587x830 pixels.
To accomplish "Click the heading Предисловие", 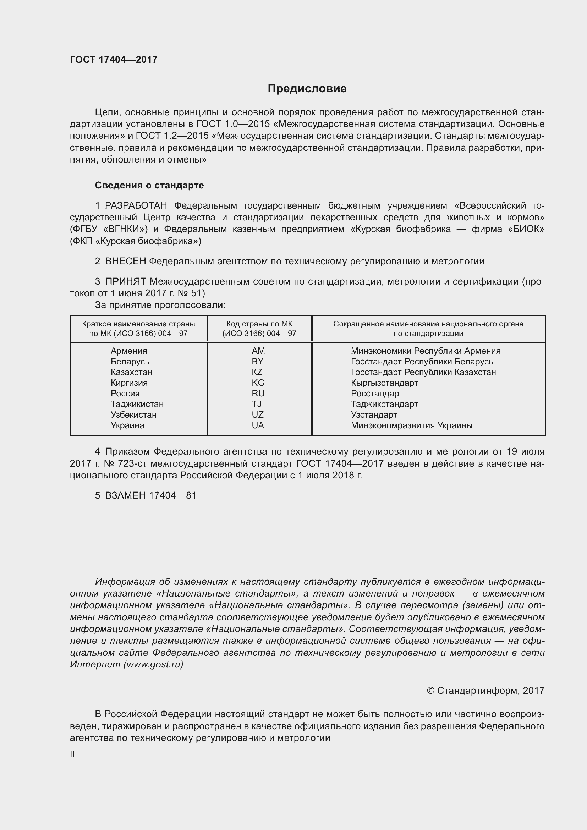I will pyautogui.click(x=307, y=89).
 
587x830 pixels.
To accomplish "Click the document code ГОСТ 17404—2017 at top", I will pyautogui.click(x=114, y=60).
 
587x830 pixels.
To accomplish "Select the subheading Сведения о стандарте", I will pyautogui.click(x=149, y=186).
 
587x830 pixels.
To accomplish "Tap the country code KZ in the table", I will pyautogui.click(x=257, y=372).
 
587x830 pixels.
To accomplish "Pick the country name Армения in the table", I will pyautogui.click(x=129, y=351).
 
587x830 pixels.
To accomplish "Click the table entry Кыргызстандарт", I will pyautogui.click(x=384, y=383).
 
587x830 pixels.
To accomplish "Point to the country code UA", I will pyautogui.click(x=258, y=425).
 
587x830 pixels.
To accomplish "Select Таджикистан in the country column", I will pyautogui.click(x=137, y=404).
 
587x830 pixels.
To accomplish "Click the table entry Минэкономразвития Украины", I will pyautogui.click(x=411, y=425).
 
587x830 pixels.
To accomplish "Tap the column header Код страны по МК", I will pyautogui.click(x=259, y=324).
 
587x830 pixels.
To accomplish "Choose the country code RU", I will pyautogui.click(x=258, y=393).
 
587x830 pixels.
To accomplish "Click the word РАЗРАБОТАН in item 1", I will pyautogui.click(x=136, y=206).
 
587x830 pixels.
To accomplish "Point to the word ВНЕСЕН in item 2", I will pyautogui.click(x=125, y=262).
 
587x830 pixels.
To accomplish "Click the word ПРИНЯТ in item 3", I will pyautogui.click(x=125, y=282).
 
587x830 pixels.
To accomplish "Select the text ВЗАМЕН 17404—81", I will pyautogui.click(x=151, y=495).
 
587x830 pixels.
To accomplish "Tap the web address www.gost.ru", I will pyautogui.click(x=153, y=664).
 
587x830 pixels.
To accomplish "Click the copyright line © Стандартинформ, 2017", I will pyautogui.click(x=485, y=691).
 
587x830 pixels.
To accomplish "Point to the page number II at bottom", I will pyautogui.click(x=72, y=754).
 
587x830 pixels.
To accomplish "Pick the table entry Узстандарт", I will pyautogui.click(x=374, y=414).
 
